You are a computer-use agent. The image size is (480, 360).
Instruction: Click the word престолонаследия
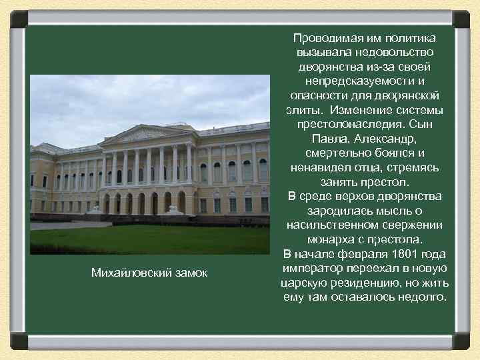tap(342, 124)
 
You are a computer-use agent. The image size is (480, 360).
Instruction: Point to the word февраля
tap(355, 254)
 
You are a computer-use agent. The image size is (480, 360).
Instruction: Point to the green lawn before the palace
tap(150, 239)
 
